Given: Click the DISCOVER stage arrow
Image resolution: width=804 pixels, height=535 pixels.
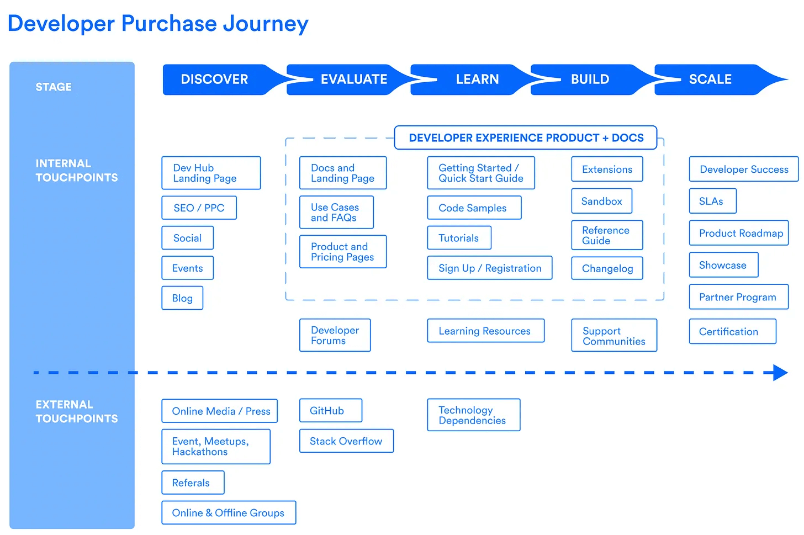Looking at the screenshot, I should [x=215, y=80].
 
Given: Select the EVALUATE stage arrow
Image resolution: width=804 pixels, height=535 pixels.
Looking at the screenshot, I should [x=353, y=80].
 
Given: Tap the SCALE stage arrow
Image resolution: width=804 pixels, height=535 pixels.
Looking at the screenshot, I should [x=711, y=80].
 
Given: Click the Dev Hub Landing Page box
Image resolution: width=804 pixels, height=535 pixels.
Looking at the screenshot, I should [x=211, y=173].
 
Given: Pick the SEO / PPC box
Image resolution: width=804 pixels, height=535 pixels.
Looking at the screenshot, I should [x=199, y=208].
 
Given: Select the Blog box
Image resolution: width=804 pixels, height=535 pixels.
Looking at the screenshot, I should [x=182, y=298].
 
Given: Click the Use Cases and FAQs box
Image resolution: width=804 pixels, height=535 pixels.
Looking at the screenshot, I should [x=336, y=213].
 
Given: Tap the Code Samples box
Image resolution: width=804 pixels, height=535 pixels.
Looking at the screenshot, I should [x=474, y=208].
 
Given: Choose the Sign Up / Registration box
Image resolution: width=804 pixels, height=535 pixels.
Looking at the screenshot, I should [x=489, y=268].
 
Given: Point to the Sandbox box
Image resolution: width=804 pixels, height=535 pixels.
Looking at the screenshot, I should [x=601, y=202].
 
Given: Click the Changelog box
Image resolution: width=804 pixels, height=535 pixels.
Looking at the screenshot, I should [x=607, y=269].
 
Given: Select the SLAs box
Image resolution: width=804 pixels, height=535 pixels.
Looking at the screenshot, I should [x=712, y=202].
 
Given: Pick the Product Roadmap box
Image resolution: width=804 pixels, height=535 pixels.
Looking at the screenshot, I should [x=739, y=234].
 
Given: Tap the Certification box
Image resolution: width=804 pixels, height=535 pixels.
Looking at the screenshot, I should [x=732, y=332].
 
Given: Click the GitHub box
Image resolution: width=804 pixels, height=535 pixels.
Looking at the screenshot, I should [x=331, y=411].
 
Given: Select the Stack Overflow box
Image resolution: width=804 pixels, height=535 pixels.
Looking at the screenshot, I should [x=346, y=441].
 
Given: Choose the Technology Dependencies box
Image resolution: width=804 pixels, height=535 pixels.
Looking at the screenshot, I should [x=473, y=415].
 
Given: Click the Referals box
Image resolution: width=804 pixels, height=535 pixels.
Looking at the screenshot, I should [x=193, y=483].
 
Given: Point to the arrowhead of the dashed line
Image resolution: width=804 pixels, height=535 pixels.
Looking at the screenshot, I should [x=780, y=373].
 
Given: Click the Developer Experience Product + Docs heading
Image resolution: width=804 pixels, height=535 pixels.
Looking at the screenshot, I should [x=526, y=138].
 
